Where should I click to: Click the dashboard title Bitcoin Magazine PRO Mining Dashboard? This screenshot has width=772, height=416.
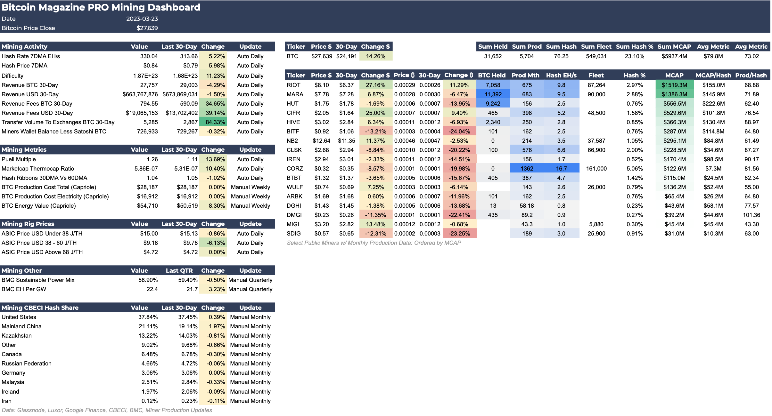click(x=101, y=7)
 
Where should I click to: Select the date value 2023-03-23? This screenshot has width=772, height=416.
click(x=142, y=19)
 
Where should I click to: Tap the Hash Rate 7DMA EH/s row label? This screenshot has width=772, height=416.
click(x=31, y=56)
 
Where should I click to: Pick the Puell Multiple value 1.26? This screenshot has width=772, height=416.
click(x=152, y=159)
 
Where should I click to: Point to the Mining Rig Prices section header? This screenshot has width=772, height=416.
click(x=28, y=224)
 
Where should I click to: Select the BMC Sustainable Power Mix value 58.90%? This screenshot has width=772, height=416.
click(x=148, y=280)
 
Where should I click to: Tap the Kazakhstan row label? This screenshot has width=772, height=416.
click(x=17, y=336)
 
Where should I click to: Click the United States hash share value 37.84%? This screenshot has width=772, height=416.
click(x=148, y=317)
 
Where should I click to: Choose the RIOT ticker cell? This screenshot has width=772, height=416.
click(x=293, y=85)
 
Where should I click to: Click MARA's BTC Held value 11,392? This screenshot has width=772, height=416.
click(x=493, y=94)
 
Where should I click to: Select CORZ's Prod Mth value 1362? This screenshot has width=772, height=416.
click(x=527, y=169)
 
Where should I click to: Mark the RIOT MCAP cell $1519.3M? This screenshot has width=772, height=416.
click(x=674, y=85)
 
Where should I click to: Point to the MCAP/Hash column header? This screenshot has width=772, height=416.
click(x=713, y=76)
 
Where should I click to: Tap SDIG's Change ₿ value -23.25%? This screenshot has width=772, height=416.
click(x=459, y=234)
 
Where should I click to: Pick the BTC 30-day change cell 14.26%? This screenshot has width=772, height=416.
click(x=375, y=56)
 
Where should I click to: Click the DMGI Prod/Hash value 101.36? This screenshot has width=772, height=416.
click(x=751, y=215)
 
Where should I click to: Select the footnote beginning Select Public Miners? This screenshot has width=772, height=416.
click(x=374, y=243)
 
